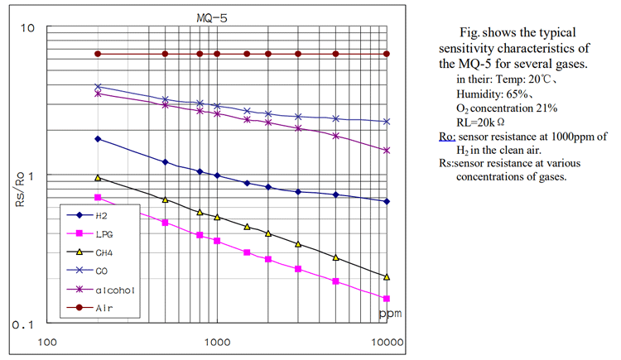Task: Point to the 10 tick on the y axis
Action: point(26,29)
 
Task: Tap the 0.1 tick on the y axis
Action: point(22,324)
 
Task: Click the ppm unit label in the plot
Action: point(389,314)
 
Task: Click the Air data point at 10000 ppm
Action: point(387,54)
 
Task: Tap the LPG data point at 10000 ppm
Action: point(387,299)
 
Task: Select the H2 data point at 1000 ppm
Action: point(217,175)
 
